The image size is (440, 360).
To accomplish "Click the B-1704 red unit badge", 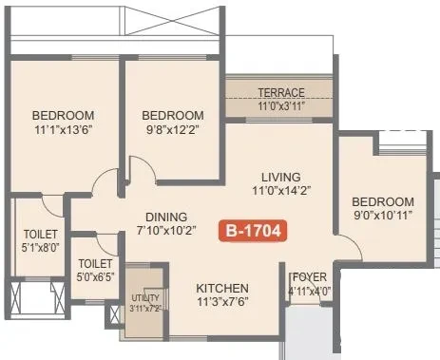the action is [253, 231].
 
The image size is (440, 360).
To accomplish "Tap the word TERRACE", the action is [281, 93].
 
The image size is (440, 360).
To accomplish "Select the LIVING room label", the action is [281, 177].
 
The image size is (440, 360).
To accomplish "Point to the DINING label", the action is [166, 218].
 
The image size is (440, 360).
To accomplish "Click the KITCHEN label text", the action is [222, 289].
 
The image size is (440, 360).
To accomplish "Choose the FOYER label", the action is [310, 277].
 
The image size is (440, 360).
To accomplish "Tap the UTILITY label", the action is [145, 298].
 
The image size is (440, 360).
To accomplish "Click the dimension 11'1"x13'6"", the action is [64, 129].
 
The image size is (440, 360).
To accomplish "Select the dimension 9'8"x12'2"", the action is [173, 129].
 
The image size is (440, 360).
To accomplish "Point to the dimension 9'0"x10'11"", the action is [383, 216].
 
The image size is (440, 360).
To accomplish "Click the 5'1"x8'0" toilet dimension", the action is [41, 247].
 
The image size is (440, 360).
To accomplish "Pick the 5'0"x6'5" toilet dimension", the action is [95, 277].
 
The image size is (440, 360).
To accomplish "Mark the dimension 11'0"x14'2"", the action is [281, 191].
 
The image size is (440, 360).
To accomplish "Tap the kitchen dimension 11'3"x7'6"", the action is [222, 302].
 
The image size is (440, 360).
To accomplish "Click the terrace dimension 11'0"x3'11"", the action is [281, 105].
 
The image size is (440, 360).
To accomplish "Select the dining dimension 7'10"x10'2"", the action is [166, 230].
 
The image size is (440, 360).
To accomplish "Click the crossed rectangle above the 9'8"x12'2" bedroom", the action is [172, 21].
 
